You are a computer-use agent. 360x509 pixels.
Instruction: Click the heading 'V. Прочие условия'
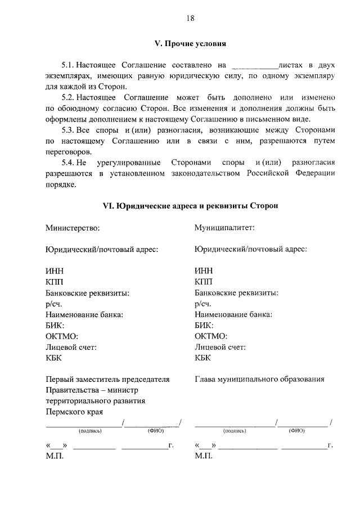coord(190,43)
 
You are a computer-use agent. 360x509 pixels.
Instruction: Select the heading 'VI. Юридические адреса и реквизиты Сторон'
coord(190,206)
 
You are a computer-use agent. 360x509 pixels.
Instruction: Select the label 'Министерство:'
coord(73,228)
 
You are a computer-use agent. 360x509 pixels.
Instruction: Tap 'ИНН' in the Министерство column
coord(55,271)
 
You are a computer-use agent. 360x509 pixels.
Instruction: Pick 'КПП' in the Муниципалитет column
coord(204,281)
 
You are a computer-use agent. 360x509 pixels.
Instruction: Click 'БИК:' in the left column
coord(55,325)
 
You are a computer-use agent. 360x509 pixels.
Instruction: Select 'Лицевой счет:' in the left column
coord(71,347)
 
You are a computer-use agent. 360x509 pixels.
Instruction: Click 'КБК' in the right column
coord(202,358)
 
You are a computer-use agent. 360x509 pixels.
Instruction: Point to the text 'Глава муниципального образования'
coord(259,379)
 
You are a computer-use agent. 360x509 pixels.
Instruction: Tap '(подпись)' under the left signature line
coord(90,431)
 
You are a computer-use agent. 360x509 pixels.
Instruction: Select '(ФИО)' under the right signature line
coord(296,431)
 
